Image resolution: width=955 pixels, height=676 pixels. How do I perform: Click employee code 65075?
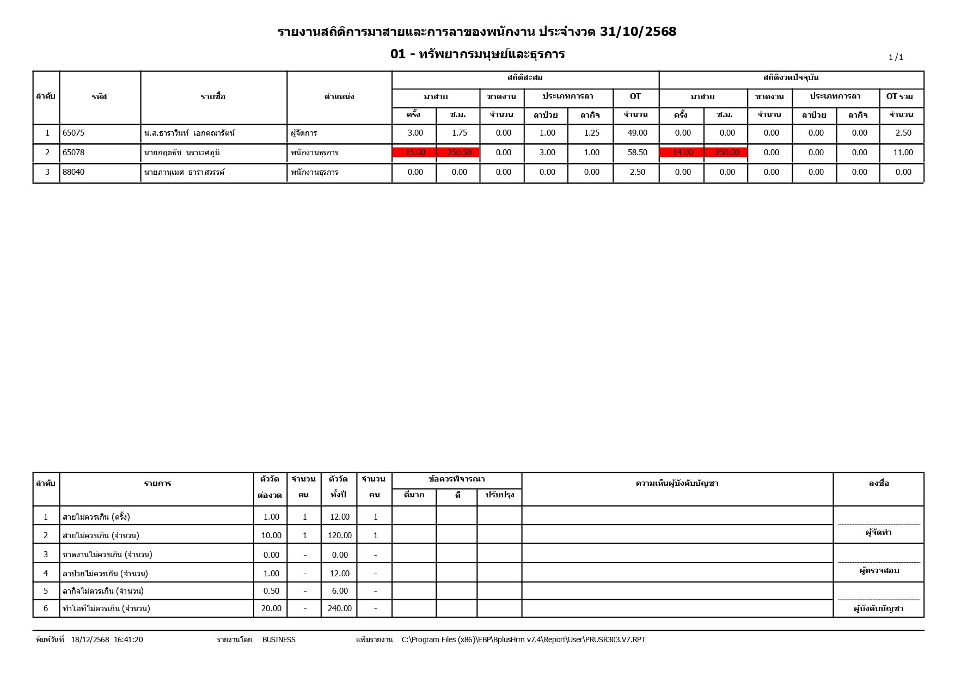pos(74,133)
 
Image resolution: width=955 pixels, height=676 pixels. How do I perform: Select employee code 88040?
pos(74,172)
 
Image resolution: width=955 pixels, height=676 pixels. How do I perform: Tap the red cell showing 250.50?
pos(459,153)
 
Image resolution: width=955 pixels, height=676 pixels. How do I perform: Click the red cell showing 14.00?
pos(683,153)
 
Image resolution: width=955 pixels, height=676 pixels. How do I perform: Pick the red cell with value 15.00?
pos(415,153)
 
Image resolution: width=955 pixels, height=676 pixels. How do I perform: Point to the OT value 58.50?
pos(637,153)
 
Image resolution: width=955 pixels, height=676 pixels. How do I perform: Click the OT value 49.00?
pos(637,133)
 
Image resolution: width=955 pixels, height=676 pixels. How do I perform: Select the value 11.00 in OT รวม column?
pos(903,153)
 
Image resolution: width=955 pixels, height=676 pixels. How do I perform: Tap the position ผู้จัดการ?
pos(304,133)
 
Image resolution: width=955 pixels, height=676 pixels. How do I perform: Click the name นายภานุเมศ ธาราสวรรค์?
pos(184,172)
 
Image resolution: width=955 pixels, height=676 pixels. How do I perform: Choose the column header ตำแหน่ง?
pos(339,97)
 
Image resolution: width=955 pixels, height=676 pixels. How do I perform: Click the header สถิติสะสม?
pos(525,78)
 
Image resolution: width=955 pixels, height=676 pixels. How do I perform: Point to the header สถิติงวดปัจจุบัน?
pos(791,78)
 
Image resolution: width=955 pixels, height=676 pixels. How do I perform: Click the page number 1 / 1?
pos(896,57)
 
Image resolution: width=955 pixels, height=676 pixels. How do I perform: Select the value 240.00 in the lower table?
pos(339,608)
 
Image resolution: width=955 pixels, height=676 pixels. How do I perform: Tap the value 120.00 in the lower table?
pos(339,535)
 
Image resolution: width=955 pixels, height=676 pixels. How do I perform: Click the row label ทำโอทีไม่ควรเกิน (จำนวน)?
pos(106,608)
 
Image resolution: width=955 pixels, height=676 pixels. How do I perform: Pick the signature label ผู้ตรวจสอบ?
pos(879,571)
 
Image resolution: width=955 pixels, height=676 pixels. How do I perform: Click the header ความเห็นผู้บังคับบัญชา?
pos(677,483)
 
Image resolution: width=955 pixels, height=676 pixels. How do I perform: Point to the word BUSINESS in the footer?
pos(279,640)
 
